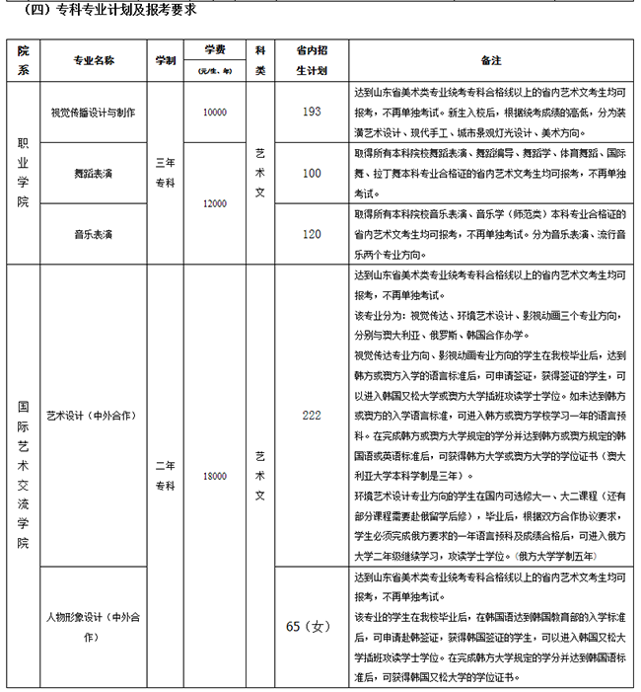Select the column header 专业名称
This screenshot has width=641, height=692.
pyautogui.click(x=94, y=60)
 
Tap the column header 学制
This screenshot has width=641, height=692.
pyautogui.click(x=165, y=60)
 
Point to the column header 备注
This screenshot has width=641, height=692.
pyautogui.click(x=491, y=60)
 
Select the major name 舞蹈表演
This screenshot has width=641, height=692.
pyautogui.click(x=94, y=173)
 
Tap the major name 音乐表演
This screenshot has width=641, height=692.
pyautogui.click(x=94, y=234)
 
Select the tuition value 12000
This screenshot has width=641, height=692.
pyautogui.click(x=214, y=203)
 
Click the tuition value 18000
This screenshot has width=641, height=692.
pyautogui.click(x=214, y=476)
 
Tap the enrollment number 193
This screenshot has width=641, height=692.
pyautogui.click(x=312, y=112)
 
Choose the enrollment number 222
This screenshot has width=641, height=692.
pyautogui.click(x=312, y=416)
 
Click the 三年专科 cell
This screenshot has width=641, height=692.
pyautogui.click(x=165, y=173)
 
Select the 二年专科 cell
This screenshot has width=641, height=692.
pyautogui.click(x=165, y=476)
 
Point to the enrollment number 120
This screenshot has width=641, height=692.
pyautogui.click(x=312, y=234)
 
